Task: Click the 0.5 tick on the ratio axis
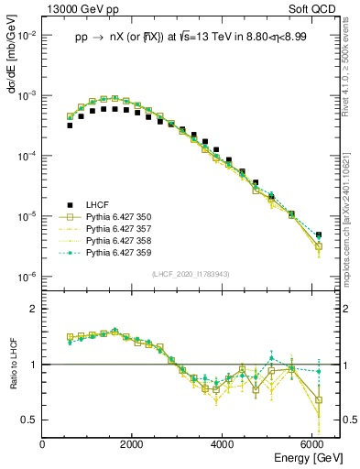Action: tap(29, 420)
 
